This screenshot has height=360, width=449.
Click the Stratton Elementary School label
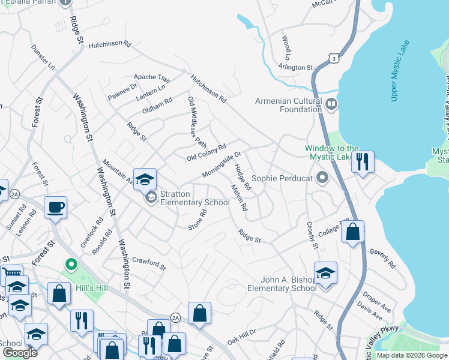pyautogui.click(x=195, y=199)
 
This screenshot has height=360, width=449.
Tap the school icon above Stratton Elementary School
pyautogui.click(x=145, y=179)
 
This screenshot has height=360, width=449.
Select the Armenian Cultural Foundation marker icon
pyautogui.click(x=330, y=105)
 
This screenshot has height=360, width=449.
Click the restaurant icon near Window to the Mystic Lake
pyautogui.click(x=363, y=162)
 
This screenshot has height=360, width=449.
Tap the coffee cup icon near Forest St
pyautogui.click(x=55, y=208)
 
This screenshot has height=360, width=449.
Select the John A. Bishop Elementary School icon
pyautogui.click(x=325, y=274)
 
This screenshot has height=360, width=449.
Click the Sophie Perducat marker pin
pyautogui.click(x=323, y=178)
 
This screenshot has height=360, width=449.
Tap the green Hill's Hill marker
pyautogui.click(x=71, y=265)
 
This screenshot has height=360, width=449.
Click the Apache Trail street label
pyautogui.click(x=152, y=77)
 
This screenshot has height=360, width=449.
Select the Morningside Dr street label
pyautogui.click(x=221, y=164)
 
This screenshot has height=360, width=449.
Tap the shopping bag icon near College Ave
pyautogui.click(x=352, y=232)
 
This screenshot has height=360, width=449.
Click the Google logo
pyautogui.click(x=20, y=353)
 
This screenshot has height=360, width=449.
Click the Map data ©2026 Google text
pyautogui.click(x=412, y=355)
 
